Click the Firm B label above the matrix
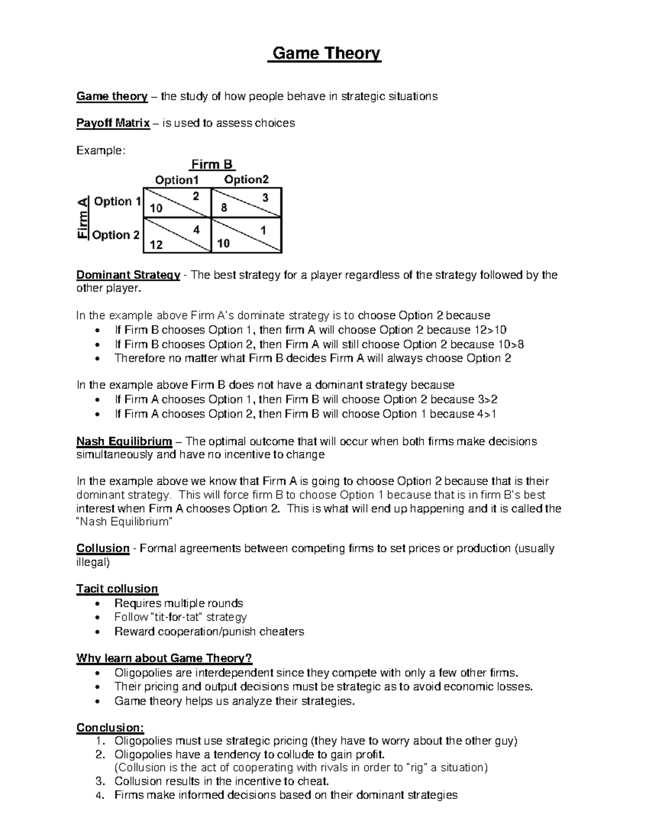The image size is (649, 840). point(212,164)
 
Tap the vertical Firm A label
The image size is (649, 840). point(82,217)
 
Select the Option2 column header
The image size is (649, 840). point(246,180)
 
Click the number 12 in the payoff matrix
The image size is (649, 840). point(156,244)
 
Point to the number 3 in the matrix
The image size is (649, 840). point(266,198)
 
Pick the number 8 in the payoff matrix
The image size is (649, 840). point(223,208)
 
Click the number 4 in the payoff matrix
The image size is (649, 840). point(196,230)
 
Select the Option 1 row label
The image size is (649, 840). point(117,202)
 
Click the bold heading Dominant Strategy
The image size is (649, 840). point(128,275)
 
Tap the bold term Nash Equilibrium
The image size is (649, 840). point(124,441)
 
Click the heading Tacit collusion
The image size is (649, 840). point(117,588)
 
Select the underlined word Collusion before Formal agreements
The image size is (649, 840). point(103,548)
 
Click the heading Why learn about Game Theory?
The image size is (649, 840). point(164,658)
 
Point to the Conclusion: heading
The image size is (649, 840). point(110,727)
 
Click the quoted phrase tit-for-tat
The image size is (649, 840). point(172,617)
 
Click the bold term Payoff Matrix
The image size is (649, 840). point(112,123)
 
